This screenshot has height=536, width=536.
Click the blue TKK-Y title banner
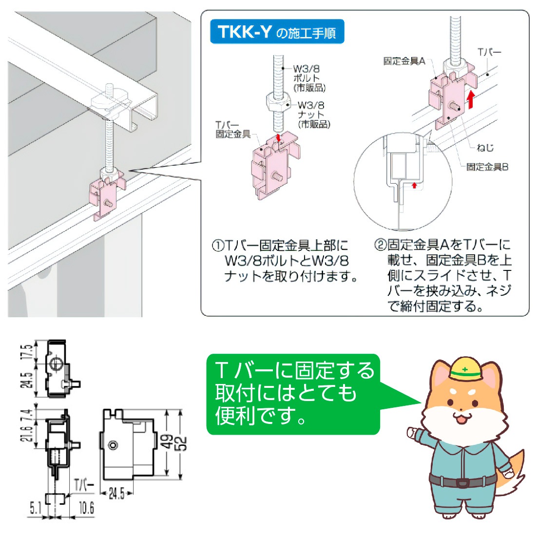point(277,32)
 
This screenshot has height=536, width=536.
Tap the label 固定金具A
point(404,61)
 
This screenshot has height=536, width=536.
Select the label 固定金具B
point(487,167)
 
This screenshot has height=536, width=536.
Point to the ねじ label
point(485,148)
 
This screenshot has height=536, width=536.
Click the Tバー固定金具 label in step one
point(233,130)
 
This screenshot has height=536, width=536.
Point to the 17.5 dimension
point(28,351)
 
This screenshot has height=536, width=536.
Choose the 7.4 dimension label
point(28,414)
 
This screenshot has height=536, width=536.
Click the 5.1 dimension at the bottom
point(35,508)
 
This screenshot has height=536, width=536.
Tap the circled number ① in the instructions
point(218,246)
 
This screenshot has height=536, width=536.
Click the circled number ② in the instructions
point(381,245)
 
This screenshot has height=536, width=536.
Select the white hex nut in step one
point(279,101)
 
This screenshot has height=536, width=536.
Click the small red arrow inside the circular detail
point(414,185)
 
